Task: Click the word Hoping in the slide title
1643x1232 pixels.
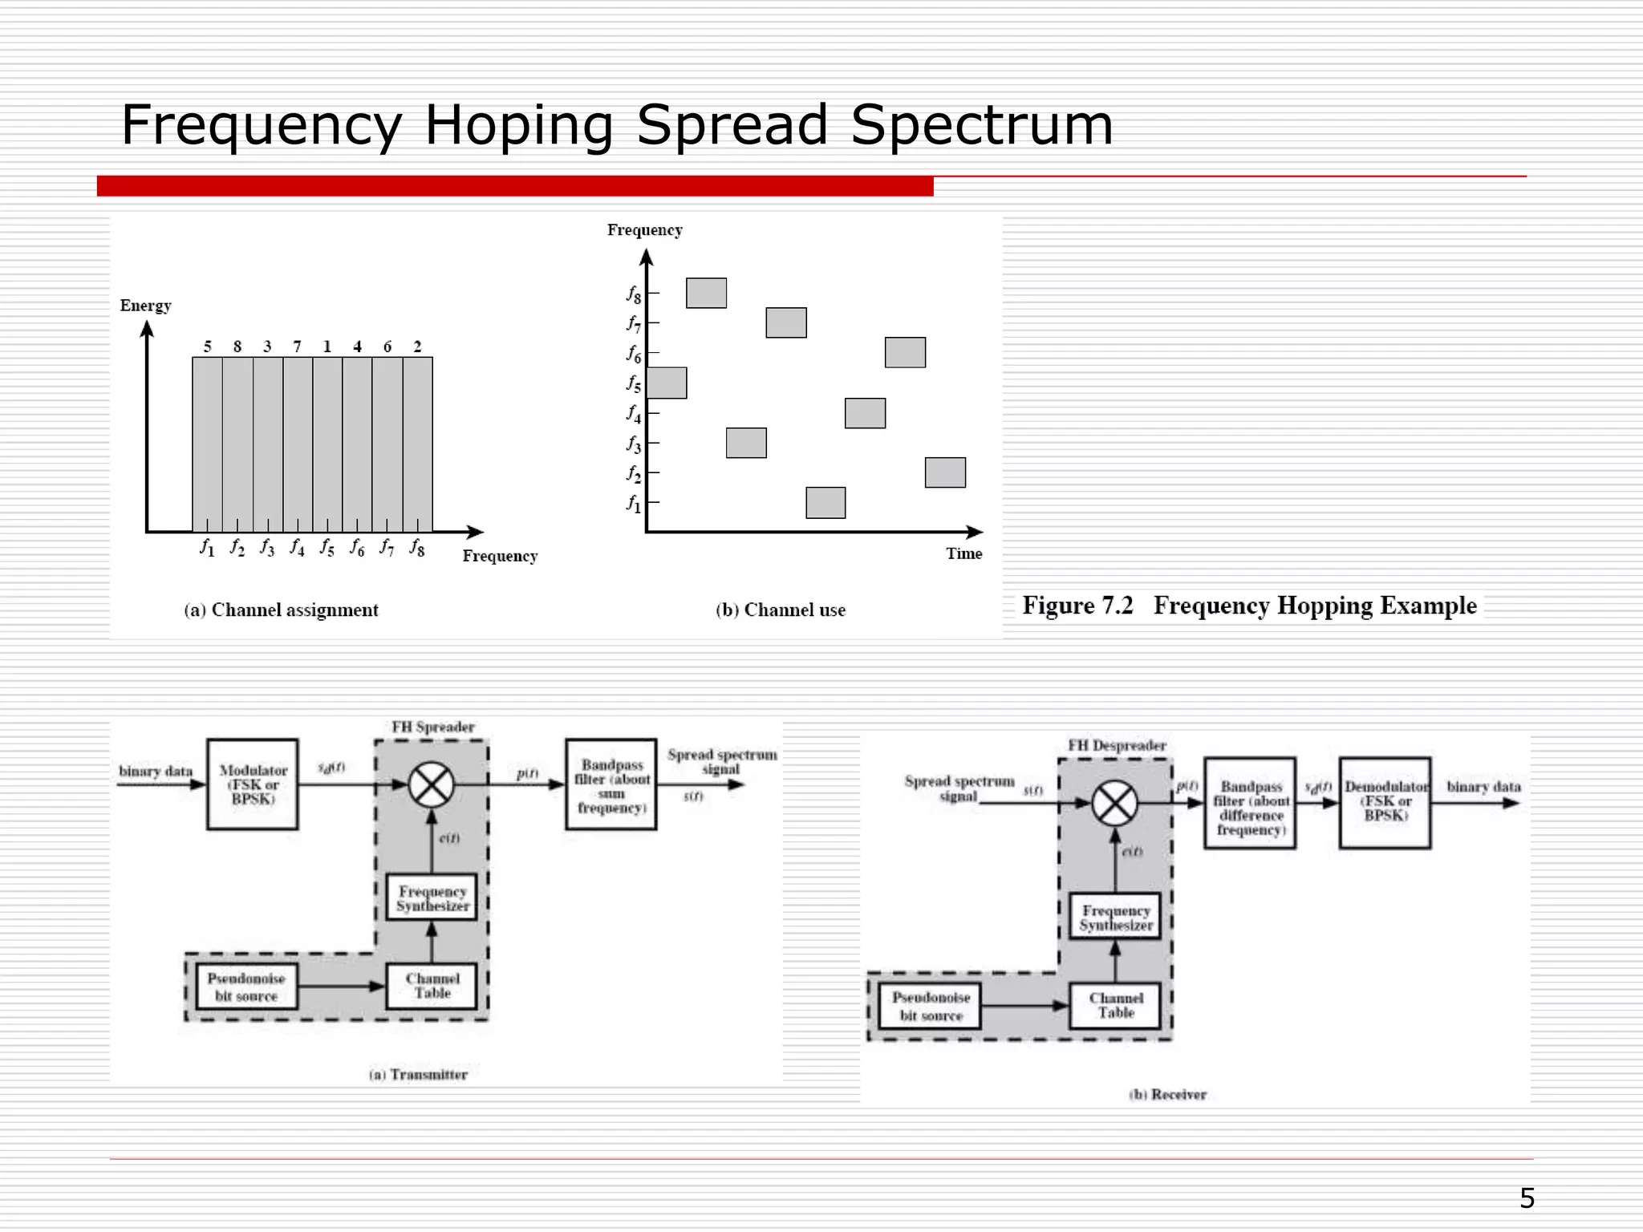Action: point(517,126)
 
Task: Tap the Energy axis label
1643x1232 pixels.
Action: point(145,306)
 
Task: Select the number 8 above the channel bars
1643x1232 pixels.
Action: point(237,346)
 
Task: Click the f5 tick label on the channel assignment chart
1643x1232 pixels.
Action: point(327,548)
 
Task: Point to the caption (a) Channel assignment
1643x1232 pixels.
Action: point(281,610)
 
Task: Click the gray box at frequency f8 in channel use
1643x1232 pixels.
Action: point(706,294)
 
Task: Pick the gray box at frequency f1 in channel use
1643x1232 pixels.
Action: point(826,503)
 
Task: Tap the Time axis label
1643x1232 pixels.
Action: point(963,553)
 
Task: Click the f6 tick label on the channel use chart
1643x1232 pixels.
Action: point(634,354)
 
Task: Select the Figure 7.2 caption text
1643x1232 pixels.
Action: point(1248,606)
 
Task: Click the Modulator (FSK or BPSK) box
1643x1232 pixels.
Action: point(253,784)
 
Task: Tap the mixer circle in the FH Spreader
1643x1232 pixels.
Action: point(432,784)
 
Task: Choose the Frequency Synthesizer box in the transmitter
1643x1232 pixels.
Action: point(432,898)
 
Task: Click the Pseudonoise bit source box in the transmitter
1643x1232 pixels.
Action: point(245,987)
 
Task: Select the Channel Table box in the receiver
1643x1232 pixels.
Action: point(1115,1006)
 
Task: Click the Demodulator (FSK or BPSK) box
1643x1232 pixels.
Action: point(1385,802)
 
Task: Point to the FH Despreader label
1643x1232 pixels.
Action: point(1117,745)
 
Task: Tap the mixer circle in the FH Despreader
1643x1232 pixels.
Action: point(1115,803)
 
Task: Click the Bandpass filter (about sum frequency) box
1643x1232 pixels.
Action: point(611,785)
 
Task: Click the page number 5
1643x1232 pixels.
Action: point(1527,1198)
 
